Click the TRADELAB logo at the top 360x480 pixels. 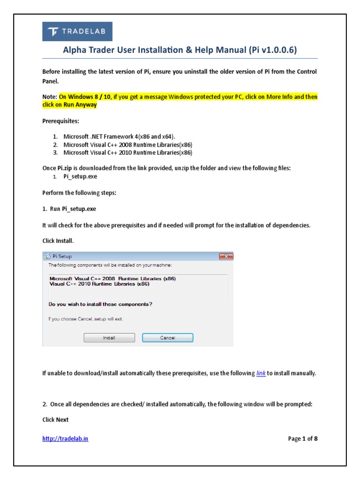(x=77, y=31)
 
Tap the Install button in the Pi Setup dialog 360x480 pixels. (x=109, y=337)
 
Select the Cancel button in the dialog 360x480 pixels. (x=167, y=337)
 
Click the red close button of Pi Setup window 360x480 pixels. (x=226, y=256)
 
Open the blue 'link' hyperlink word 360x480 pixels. (x=261, y=374)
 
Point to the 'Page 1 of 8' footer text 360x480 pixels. (x=303, y=439)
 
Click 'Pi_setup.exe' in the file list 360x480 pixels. (x=81, y=177)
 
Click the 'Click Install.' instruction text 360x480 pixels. (x=58, y=240)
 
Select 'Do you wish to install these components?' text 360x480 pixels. (x=100, y=304)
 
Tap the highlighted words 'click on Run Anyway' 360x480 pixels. (x=69, y=105)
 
